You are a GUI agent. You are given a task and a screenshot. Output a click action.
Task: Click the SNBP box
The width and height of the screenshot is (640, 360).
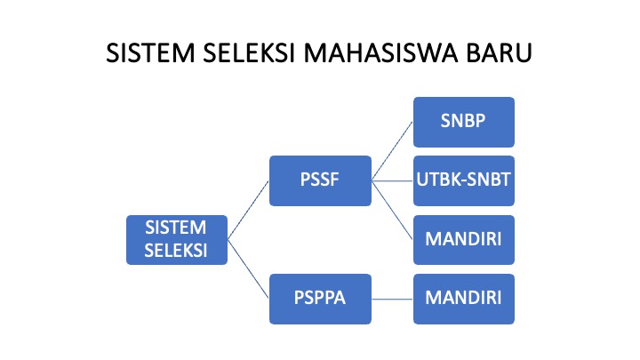pyautogui.click(x=464, y=122)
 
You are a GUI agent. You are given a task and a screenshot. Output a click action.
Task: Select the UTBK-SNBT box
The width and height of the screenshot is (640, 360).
pyautogui.click(x=464, y=180)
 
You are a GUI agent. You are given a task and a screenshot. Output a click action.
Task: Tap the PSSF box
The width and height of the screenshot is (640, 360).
pyautogui.click(x=320, y=180)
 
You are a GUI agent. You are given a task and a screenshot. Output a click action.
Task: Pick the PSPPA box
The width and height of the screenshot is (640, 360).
pyautogui.click(x=320, y=300)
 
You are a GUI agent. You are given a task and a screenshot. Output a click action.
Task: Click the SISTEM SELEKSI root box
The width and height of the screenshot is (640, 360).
pyautogui.click(x=177, y=240)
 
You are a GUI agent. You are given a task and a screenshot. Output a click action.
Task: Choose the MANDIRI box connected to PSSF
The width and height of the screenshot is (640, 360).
pyautogui.click(x=464, y=240)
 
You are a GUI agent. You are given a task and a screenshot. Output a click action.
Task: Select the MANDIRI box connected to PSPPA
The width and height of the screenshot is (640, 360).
pyautogui.click(x=464, y=300)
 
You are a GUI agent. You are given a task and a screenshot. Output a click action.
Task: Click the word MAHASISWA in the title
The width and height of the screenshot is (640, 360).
pyautogui.click(x=380, y=53)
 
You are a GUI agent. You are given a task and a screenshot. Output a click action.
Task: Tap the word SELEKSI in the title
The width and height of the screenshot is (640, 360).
pyautogui.click(x=249, y=53)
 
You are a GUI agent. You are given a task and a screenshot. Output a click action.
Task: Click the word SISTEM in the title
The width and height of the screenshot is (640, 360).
pyautogui.click(x=150, y=53)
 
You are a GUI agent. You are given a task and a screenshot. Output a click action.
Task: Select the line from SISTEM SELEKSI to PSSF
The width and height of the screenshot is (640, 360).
pyautogui.click(x=248, y=210)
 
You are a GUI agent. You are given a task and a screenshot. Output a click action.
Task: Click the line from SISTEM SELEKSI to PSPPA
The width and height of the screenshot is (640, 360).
pyautogui.click(x=248, y=269)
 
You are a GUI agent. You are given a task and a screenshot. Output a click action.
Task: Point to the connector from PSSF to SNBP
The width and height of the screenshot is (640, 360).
pyautogui.click(x=392, y=151)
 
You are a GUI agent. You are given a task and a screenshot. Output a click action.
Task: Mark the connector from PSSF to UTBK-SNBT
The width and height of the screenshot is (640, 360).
pyautogui.click(x=392, y=180)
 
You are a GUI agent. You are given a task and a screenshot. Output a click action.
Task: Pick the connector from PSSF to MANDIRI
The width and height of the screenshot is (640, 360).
pyautogui.click(x=392, y=210)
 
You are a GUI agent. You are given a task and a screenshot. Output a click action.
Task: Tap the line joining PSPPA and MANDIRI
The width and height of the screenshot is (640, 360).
pyautogui.click(x=392, y=300)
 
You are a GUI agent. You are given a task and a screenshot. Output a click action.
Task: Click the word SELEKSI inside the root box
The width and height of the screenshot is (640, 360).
pyautogui.click(x=176, y=251)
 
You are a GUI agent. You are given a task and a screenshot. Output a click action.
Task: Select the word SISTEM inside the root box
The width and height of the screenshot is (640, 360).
pyautogui.click(x=176, y=228)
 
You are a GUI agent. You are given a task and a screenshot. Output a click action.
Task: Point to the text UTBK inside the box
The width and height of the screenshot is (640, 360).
pyautogui.click(x=435, y=180)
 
